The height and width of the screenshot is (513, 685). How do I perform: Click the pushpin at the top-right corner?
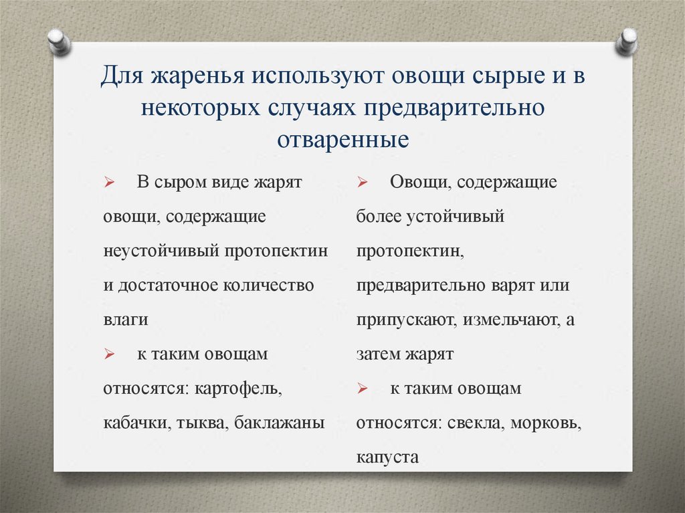click(627, 41)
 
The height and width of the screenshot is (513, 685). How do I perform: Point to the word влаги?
click(126, 320)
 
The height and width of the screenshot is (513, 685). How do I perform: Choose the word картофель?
click(238, 389)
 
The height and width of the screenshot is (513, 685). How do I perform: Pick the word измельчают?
click(508, 320)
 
